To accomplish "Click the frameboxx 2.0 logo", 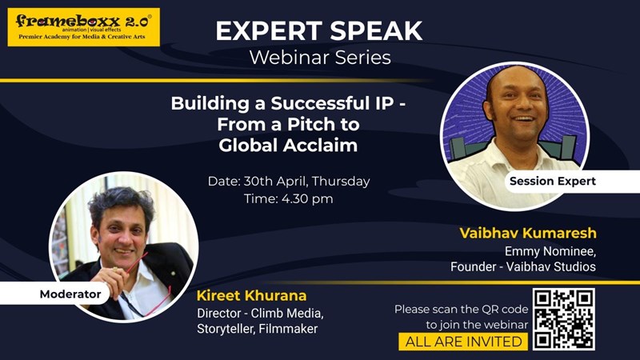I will click(x=83, y=26).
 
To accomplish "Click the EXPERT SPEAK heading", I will click(x=319, y=30).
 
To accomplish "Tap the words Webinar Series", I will click(x=319, y=58).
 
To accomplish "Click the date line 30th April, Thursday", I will click(x=288, y=181).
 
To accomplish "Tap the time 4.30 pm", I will click(x=288, y=199).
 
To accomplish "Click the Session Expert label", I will click(x=552, y=181).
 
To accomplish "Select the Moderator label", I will click(x=70, y=294).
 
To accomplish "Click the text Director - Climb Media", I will click(x=260, y=312).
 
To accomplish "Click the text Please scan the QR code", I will click(x=461, y=309).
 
